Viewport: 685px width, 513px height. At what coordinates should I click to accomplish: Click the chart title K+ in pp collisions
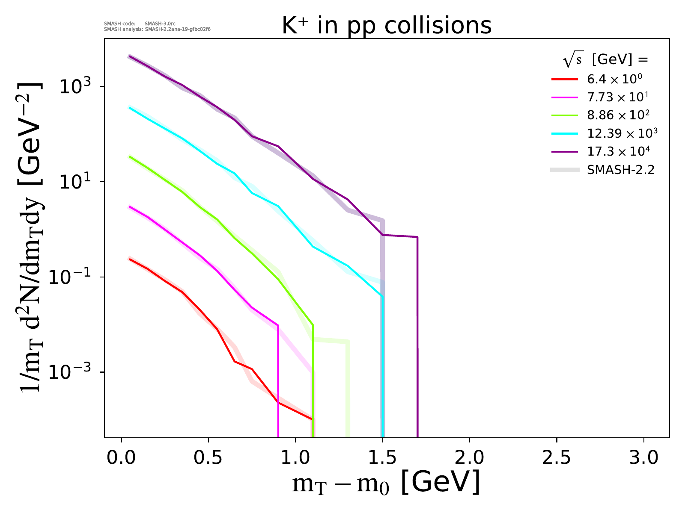(x=387, y=26)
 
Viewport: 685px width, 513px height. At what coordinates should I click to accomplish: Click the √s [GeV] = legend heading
(x=606, y=60)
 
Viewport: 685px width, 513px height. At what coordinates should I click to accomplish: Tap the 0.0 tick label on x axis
(x=122, y=458)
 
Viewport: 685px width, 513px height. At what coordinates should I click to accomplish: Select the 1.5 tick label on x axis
(x=383, y=458)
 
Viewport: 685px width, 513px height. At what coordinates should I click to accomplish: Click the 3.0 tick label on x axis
(x=643, y=458)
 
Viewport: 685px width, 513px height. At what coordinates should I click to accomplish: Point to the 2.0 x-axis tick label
(x=470, y=458)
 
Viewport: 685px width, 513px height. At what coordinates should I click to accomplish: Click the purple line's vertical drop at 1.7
(x=417, y=342)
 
